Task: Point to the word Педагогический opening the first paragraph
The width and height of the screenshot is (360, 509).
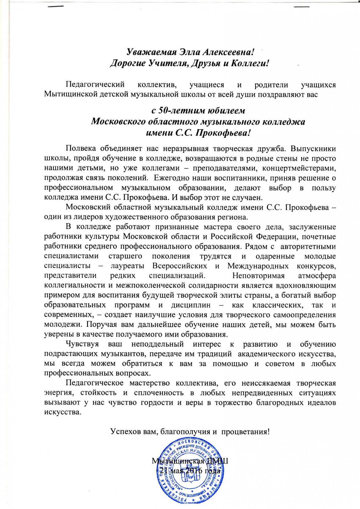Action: (95, 85)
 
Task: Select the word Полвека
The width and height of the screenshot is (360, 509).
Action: (81, 149)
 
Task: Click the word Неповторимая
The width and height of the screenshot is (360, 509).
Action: (258, 275)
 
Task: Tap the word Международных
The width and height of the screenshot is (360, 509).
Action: (258, 266)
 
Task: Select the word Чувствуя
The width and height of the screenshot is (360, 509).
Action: (82, 344)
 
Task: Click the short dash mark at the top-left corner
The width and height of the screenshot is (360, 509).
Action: (58, 6)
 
